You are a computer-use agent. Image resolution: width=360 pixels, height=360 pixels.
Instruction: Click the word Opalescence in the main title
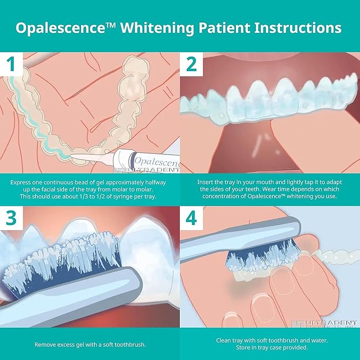(64, 27)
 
